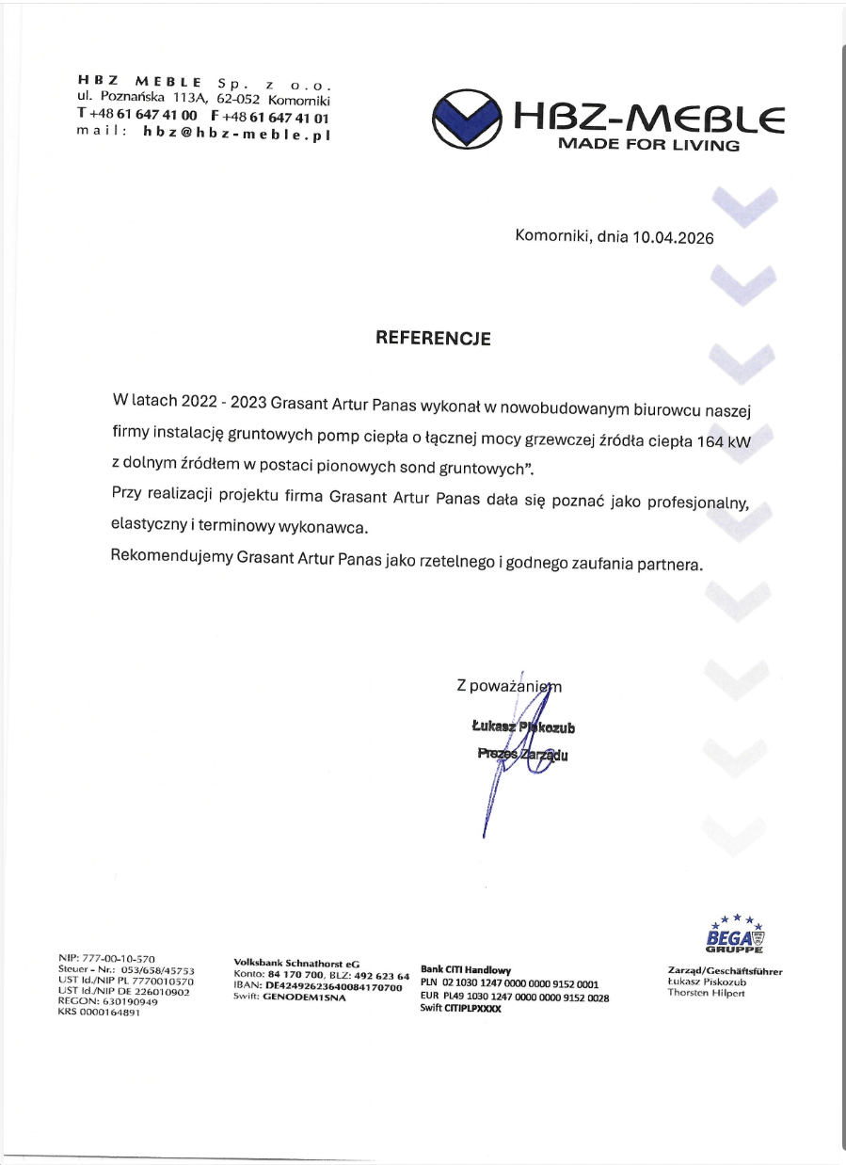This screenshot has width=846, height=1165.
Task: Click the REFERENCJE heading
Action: [x=433, y=338]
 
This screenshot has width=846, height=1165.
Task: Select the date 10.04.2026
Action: [x=673, y=238]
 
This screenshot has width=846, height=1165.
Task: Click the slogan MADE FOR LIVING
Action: [x=649, y=145]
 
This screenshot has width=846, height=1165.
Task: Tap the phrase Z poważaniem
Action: [x=508, y=687]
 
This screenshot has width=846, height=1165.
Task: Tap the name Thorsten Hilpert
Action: [x=706, y=993]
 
